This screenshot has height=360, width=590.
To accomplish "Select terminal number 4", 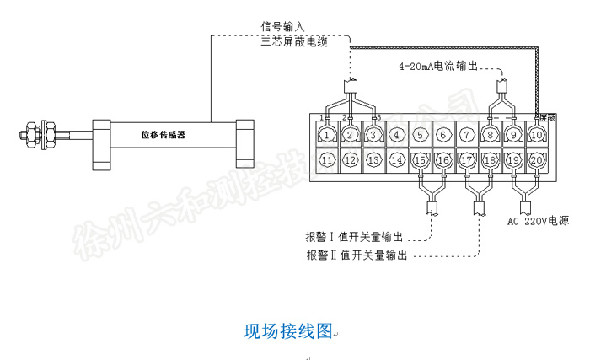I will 397,133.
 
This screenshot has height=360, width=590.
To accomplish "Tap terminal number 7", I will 466,133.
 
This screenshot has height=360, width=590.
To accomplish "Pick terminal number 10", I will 536,133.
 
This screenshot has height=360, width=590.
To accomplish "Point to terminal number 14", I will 397,159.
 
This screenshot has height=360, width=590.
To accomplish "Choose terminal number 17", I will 466,159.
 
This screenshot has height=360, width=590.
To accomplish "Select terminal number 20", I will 536,159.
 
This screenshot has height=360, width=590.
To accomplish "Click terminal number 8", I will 490,133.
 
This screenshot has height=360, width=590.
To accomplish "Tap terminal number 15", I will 420,159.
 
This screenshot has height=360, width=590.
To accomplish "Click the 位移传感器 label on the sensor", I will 163,134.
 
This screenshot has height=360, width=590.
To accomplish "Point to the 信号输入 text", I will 282,25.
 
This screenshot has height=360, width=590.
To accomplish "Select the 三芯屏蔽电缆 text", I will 294,40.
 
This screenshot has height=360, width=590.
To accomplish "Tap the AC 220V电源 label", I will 540,223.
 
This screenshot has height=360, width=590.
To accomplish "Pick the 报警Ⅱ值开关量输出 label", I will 357,254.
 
